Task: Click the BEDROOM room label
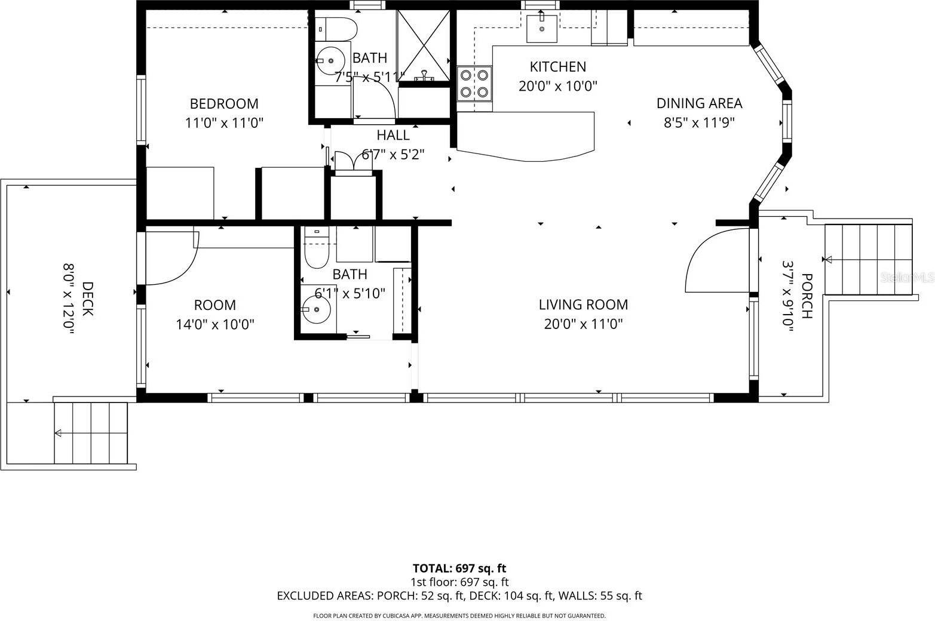(224, 104)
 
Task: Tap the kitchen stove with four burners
(474, 84)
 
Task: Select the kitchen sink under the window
(542, 29)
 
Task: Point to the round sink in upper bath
(330, 60)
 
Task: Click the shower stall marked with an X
(424, 45)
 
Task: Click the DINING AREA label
(699, 103)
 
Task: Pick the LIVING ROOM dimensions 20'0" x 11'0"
(583, 324)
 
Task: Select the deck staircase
(91, 433)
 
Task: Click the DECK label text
(87, 299)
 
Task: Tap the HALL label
(393, 135)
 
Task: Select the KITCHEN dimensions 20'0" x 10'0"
(558, 86)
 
